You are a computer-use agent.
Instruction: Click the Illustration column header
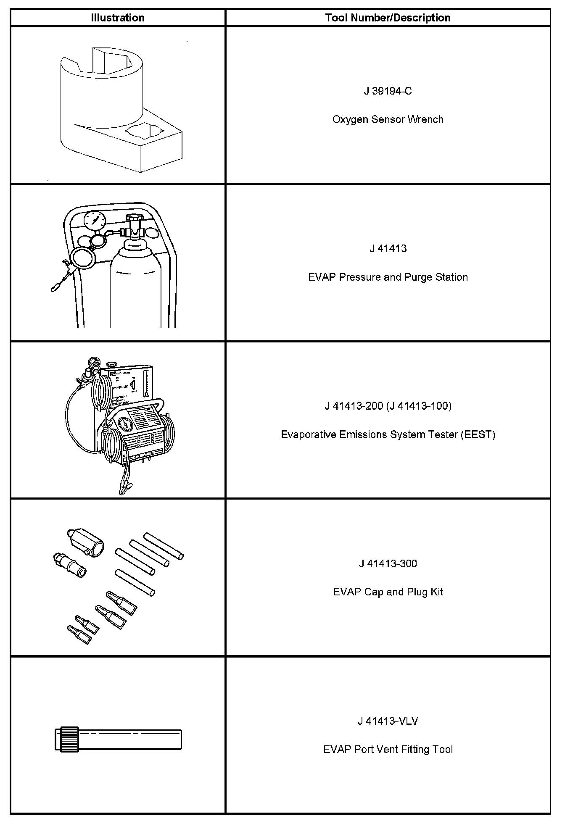point(118,18)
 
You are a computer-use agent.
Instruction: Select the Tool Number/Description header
point(388,18)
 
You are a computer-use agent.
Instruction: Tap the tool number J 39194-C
point(388,91)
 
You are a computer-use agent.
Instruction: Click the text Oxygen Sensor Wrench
point(388,120)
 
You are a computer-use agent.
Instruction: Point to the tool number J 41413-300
point(388,563)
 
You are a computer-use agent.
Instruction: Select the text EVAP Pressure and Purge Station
point(388,277)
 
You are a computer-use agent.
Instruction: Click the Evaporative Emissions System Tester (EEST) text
point(388,434)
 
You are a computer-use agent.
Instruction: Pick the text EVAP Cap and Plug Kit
point(388,592)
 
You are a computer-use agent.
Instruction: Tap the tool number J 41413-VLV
point(388,721)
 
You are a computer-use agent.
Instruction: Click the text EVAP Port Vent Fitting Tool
point(388,750)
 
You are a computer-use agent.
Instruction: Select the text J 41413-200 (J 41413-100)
point(388,406)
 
